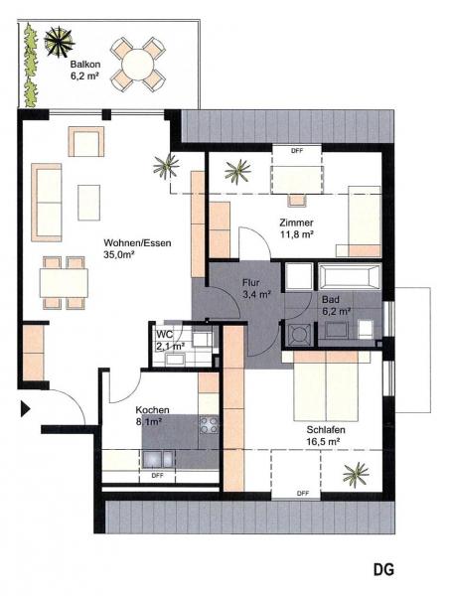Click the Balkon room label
85,65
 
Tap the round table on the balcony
138,65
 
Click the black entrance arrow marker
25,409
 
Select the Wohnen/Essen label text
137,242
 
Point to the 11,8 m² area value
297,234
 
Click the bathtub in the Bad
350,277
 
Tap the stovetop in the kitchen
209,424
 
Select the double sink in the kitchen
158,459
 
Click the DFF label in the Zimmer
297,151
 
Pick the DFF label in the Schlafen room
303,494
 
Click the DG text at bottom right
383,569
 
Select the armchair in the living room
86,141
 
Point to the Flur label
251,283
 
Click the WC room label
165,335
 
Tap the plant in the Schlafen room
356,475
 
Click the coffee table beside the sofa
89,203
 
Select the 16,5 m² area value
323,442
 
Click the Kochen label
152,409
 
